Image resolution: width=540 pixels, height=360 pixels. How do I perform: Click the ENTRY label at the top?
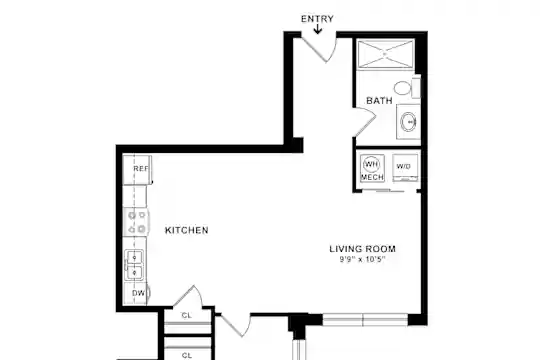(317, 19)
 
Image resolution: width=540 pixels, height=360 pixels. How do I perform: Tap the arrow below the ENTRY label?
(318, 29)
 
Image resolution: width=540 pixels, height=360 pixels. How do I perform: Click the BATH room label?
(379, 101)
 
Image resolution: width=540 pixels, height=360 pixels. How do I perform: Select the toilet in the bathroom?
(406, 88)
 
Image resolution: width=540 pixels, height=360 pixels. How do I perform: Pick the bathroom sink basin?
(408, 122)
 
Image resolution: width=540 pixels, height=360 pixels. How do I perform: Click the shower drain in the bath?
(385, 54)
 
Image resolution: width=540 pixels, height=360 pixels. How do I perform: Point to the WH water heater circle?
(371, 165)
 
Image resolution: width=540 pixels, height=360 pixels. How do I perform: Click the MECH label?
(372, 177)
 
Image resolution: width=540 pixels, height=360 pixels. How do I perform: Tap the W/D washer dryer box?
(405, 168)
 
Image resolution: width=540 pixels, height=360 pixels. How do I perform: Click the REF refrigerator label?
(141, 168)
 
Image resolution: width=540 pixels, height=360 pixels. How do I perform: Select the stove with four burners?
(136, 222)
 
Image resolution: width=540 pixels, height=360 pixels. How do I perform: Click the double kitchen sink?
(134, 264)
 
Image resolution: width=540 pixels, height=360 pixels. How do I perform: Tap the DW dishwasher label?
(138, 293)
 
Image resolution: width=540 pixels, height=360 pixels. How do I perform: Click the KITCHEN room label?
(187, 230)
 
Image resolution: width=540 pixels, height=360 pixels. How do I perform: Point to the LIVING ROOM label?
(362, 249)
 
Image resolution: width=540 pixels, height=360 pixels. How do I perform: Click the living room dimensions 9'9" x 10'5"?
(362, 259)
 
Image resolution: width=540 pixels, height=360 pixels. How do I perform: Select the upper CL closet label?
(187, 315)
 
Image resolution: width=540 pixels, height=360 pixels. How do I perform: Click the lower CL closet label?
(187, 355)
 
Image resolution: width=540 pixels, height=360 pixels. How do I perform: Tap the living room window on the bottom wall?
(365, 320)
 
